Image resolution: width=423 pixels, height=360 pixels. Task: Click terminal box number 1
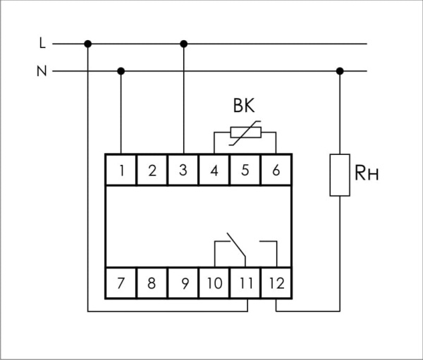122,170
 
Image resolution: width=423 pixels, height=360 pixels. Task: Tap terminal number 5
245,170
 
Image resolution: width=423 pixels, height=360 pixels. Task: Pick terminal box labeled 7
122,284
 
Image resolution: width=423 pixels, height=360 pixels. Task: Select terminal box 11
245,284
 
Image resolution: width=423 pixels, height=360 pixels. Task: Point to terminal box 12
275,284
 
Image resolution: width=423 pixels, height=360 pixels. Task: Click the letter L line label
42,44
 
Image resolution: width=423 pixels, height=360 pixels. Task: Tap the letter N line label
42,70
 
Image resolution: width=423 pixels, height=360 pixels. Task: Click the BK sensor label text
244,106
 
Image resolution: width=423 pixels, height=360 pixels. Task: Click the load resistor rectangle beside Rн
340,174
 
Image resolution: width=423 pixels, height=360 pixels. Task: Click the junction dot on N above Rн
340,70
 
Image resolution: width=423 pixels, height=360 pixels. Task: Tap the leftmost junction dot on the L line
87,44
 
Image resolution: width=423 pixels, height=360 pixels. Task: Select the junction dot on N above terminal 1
121,70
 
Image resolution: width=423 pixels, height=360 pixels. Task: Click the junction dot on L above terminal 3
184,44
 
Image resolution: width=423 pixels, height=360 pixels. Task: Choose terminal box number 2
152,170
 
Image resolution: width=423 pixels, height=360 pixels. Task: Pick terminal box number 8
152,284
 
